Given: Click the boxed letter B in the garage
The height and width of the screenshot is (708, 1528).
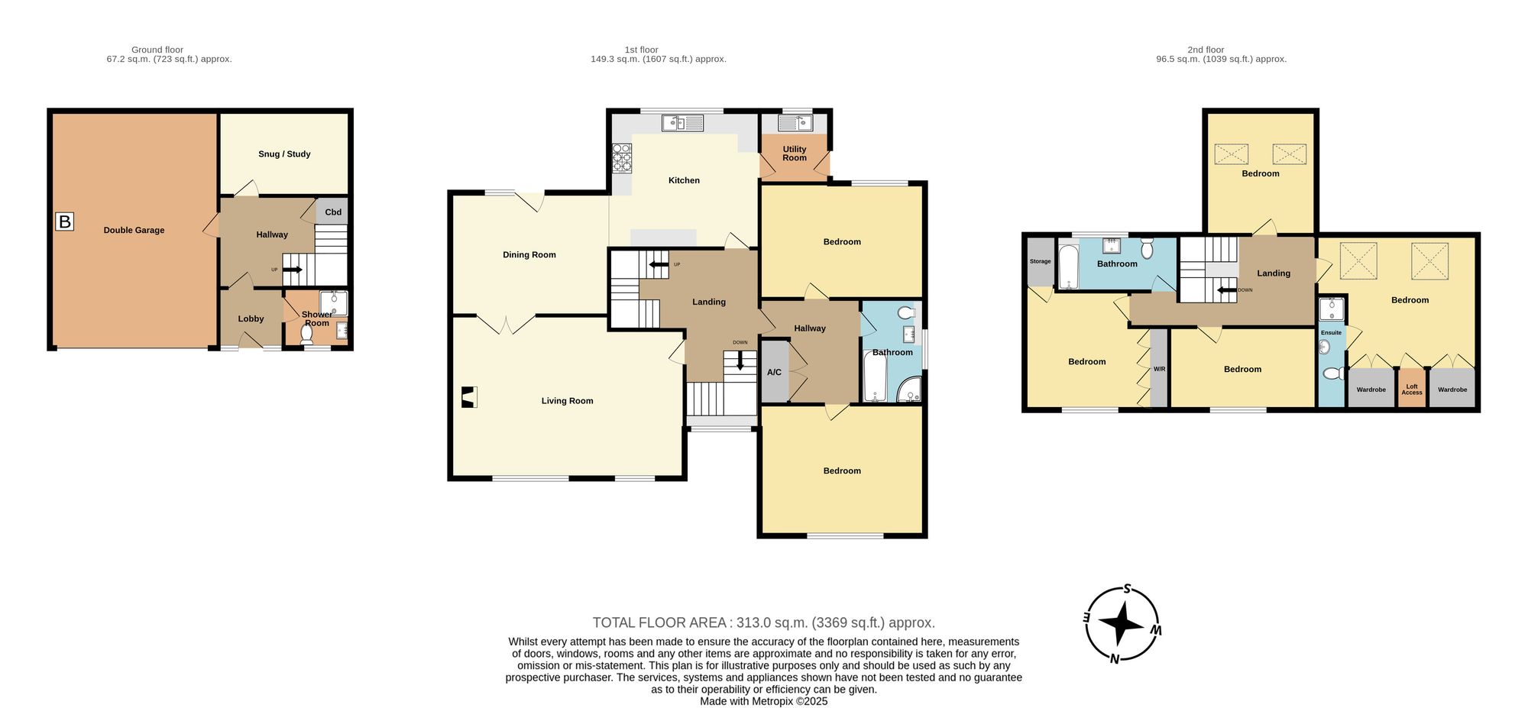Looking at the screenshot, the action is [65, 222].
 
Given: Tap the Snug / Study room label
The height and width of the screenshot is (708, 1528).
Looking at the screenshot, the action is [284, 154].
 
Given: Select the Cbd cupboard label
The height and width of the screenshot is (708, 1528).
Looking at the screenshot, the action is [333, 212].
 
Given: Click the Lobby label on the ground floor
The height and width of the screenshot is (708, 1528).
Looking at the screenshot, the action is [251, 319].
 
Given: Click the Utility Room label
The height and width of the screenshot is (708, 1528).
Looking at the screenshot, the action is [795, 154].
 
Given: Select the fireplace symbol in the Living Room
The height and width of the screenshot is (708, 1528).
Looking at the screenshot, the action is [468, 398].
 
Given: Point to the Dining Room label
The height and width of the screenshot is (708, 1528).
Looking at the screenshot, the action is [529, 255].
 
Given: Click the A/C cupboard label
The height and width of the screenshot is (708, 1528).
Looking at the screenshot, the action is [774, 373].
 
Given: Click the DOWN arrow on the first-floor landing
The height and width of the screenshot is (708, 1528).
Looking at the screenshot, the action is [740, 358].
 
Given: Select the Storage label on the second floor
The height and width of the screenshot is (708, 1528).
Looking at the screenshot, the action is [1040, 261].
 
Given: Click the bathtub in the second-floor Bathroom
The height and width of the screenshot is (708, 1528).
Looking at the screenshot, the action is [1067, 267].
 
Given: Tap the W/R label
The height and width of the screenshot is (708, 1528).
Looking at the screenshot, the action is [1159, 370].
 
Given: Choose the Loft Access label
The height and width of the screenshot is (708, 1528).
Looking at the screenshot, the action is [1412, 390].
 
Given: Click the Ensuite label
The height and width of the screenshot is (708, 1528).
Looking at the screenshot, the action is [1331, 333].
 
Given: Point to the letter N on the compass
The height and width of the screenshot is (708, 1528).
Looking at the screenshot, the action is [1115, 659].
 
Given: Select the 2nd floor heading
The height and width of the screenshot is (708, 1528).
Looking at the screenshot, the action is [1206, 50].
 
